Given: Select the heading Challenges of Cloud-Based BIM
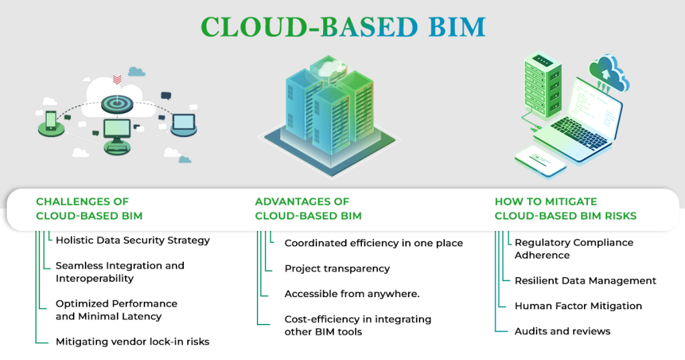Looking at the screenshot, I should [x=89, y=209].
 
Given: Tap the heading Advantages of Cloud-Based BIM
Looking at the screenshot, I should [x=308, y=209].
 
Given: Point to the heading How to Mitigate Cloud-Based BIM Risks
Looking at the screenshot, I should [x=565, y=209].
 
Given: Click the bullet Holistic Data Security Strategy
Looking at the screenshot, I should [x=132, y=240].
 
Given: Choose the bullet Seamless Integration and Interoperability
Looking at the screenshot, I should [x=120, y=272].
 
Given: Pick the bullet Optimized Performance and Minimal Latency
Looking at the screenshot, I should [x=116, y=310].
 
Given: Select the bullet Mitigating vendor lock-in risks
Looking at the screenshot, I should [x=132, y=342].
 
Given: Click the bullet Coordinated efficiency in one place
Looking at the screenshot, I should [x=373, y=243].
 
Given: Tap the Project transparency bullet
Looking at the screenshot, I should [x=337, y=268].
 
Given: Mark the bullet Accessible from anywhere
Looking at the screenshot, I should [x=352, y=294].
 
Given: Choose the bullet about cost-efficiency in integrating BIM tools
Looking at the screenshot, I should [x=358, y=325].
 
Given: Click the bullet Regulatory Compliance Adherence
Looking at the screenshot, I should [x=573, y=248].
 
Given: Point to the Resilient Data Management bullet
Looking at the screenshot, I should [x=585, y=281].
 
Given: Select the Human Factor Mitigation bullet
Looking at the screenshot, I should [x=578, y=306].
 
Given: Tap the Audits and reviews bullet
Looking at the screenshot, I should [x=563, y=331].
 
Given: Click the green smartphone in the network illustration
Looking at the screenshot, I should [x=51, y=120].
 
